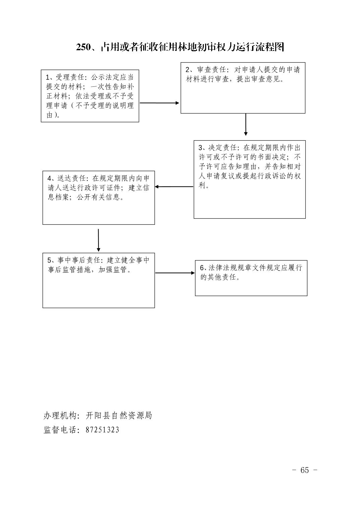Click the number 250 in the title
[x=83, y=47]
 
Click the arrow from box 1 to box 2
[x=160, y=103]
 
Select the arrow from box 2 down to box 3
[x=246, y=125]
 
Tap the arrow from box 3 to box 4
[x=174, y=187]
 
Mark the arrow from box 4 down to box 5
[x=99, y=240]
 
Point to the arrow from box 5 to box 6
[x=175, y=273]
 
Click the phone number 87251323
[x=102, y=430]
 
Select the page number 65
[x=304, y=470]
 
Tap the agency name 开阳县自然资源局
[x=119, y=415]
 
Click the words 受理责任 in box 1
[x=70, y=77]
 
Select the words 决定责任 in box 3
[x=223, y=148]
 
